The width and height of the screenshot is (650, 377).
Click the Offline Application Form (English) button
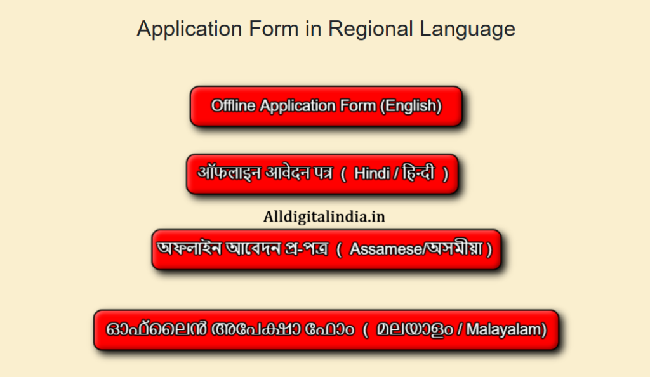tap(326, 106)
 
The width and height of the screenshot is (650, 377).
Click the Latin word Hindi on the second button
tap(372, 174)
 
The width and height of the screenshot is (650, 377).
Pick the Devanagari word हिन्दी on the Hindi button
tap(419, 174)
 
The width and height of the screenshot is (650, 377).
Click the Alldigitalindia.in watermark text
tap(324, 216)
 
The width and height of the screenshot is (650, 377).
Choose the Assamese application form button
tap(326, 249)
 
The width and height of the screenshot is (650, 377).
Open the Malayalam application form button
tap(326, 330)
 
